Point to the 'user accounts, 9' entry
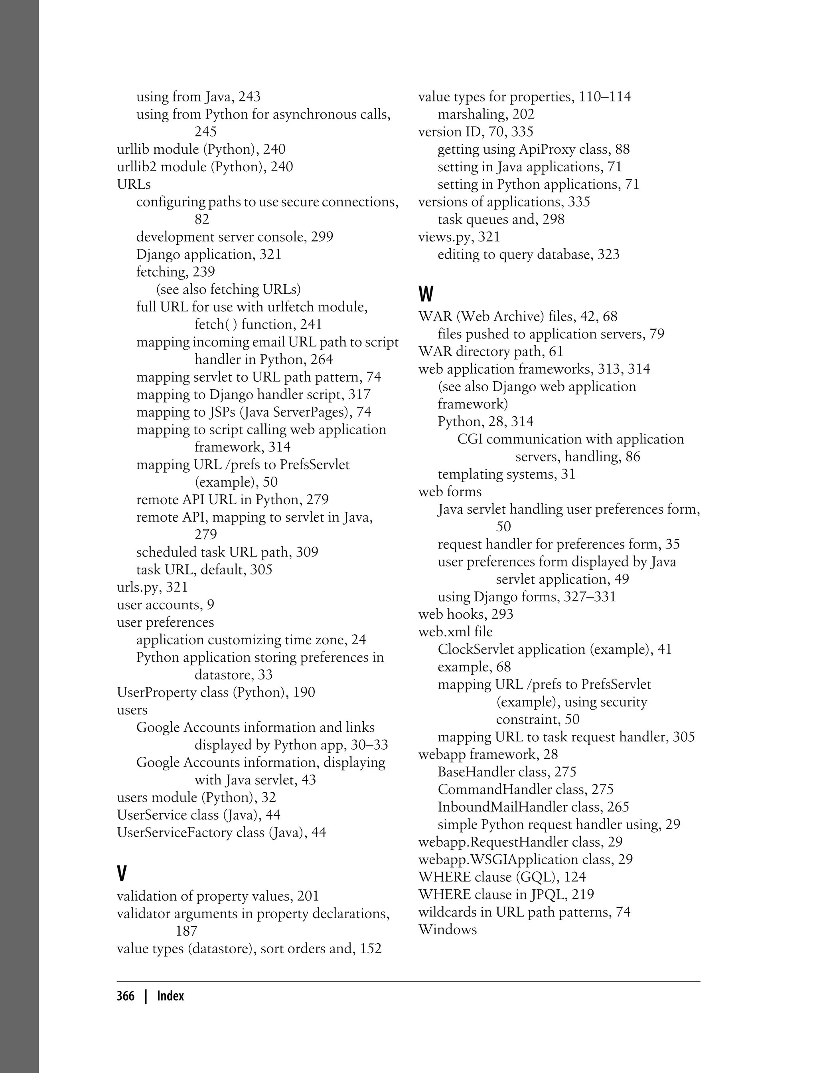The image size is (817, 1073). point(165,605)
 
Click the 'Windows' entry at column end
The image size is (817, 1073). point(448,929)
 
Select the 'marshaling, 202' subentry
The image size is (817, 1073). point(486,114)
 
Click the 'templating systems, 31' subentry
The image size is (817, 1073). point(506,474)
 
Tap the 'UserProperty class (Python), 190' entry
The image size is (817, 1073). point(216,693)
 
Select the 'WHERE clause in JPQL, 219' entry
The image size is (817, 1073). point(506,895)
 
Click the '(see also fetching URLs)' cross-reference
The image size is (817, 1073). point(228,289)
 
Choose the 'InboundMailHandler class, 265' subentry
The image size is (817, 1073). point(533,807)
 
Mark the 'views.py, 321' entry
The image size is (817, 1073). point(459,237)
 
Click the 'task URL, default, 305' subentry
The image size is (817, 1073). point(204,570)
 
